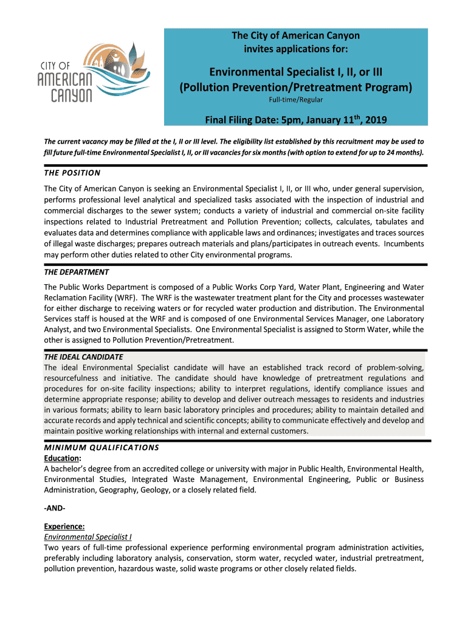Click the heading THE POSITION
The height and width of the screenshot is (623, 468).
[72, 173]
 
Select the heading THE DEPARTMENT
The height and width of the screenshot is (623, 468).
[76, 272]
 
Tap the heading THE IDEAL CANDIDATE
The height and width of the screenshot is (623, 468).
[83, 357]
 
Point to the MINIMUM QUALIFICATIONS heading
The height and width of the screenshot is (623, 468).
[102, 448]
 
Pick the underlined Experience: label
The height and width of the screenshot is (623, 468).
[64, 527]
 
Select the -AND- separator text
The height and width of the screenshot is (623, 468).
[55, 508]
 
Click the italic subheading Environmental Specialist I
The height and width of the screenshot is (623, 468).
[88, 537]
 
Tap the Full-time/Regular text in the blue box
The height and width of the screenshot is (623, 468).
[296, 99]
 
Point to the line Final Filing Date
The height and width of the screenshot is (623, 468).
[296, 119]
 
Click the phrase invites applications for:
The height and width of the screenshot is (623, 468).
[296, 48]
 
